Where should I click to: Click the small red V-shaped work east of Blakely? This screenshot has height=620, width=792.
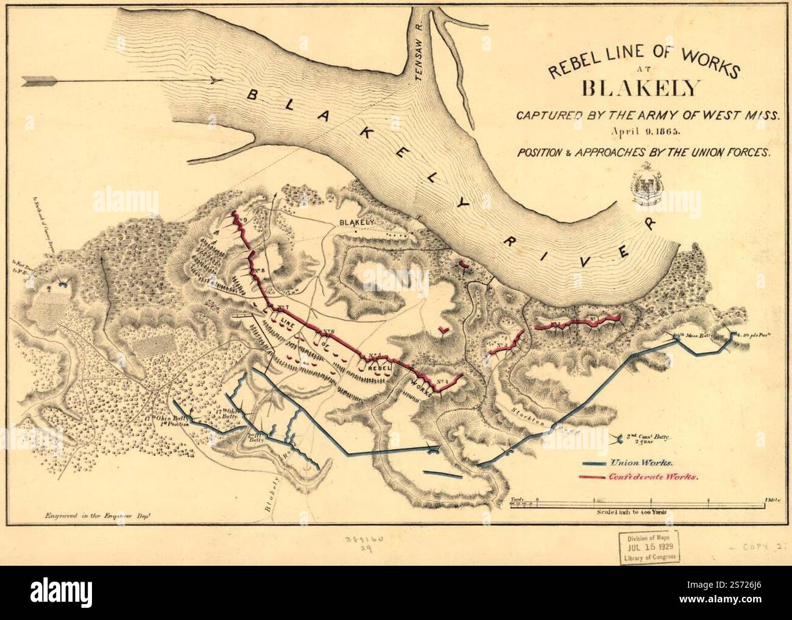coord(445,330)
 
